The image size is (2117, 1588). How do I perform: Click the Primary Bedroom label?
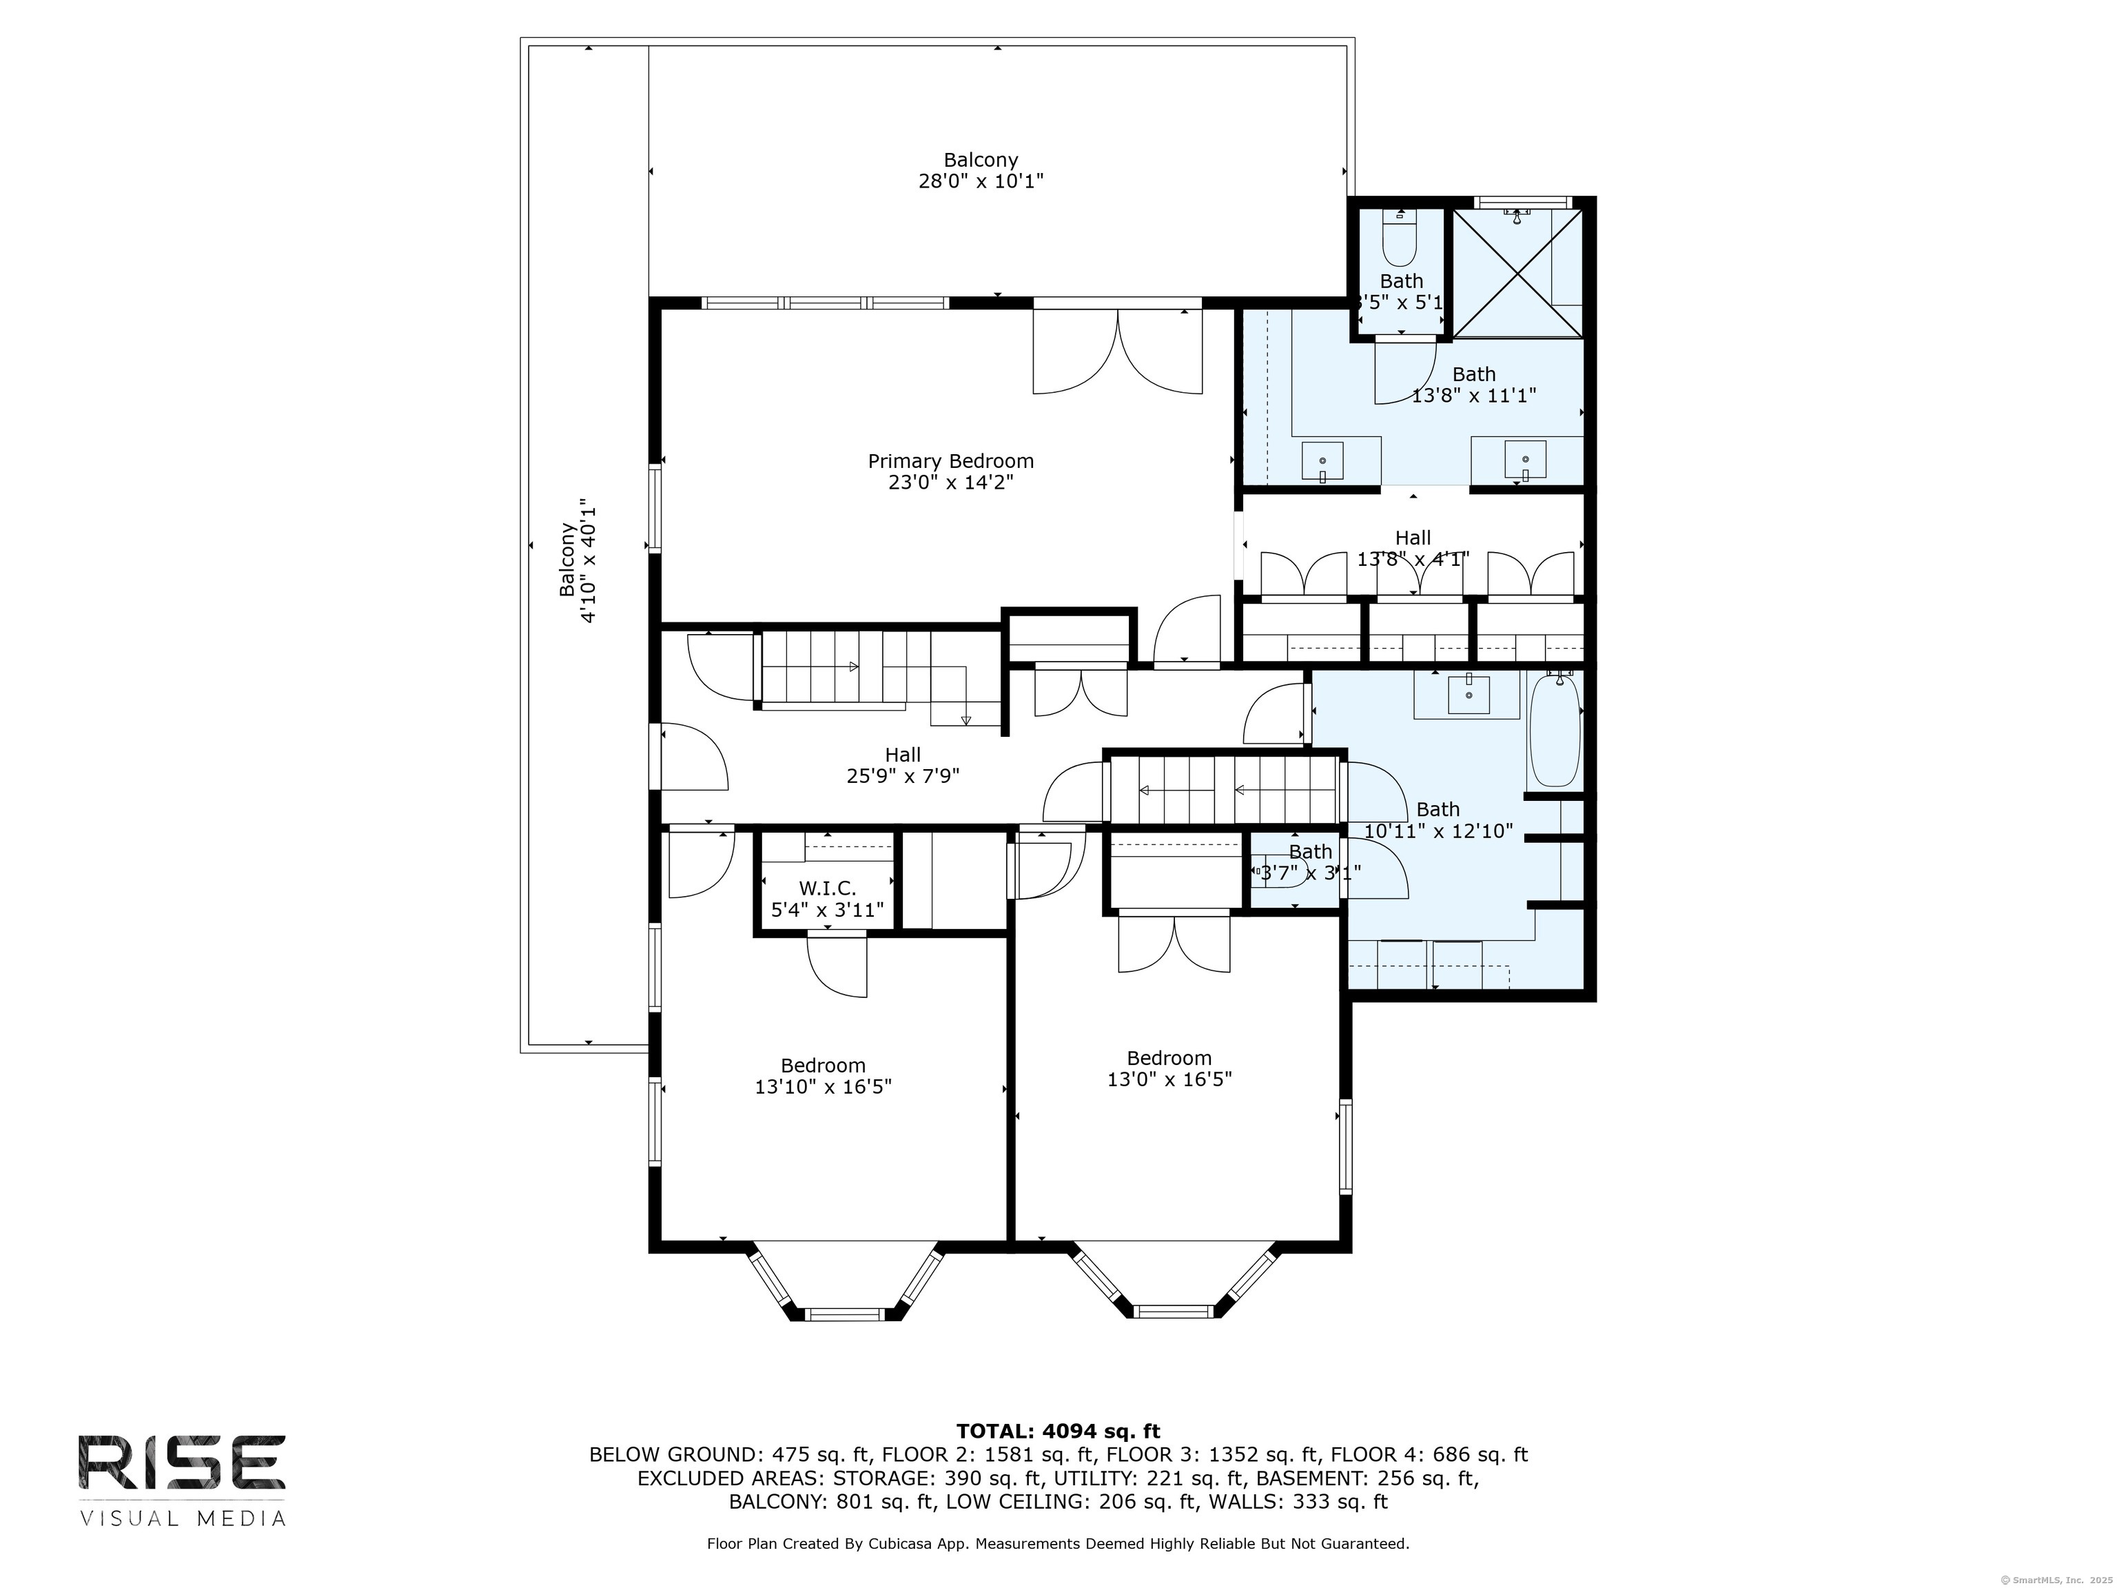[x=950, y=461]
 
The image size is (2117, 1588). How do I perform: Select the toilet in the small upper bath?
[x=1399, y=241]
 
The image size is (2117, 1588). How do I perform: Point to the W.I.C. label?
[x=827, y=889]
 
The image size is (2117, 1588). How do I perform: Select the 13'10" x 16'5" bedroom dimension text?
[x=823, y=1086]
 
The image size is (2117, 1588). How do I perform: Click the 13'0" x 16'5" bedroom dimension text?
[x=1169, y=1079]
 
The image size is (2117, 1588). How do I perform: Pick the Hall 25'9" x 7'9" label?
[x=903, y=766]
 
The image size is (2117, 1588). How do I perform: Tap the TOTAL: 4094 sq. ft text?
[x=1058, y=1431]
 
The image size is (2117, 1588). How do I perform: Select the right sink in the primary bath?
[x=1524, y=461]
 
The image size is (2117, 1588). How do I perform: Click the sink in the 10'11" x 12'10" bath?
[x=1468, y=695]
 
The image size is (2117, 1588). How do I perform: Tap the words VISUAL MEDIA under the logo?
[x=182, y=1519]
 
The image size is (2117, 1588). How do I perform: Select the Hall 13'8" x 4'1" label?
[x=1413, y=549]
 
